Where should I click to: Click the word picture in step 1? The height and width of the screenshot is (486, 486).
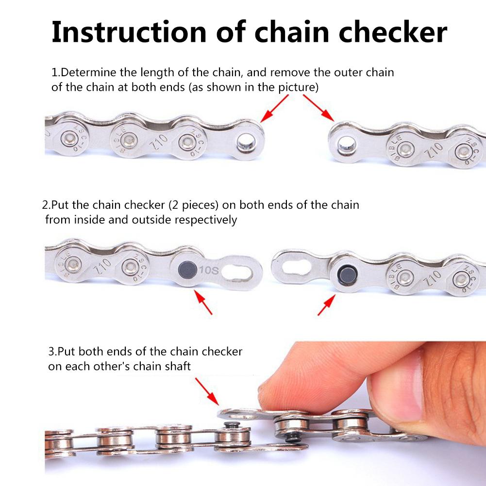(x=298, y=88)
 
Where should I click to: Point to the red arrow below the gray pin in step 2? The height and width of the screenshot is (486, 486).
(x=203, y=302)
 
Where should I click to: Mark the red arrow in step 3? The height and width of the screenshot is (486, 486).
(x=206, y=391)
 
